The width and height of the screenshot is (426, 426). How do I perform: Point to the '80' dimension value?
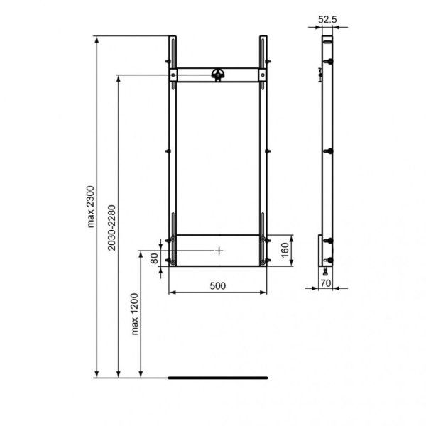154,257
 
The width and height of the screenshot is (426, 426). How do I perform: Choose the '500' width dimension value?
217,285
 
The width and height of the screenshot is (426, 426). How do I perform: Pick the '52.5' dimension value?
327,21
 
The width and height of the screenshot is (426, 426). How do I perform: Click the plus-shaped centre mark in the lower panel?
219,250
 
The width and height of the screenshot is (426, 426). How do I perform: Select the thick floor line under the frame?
217,378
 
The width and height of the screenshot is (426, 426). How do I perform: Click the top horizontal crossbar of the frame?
218,74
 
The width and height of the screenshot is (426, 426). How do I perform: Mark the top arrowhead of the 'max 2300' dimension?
97,38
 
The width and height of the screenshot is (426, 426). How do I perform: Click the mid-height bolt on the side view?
328,151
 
